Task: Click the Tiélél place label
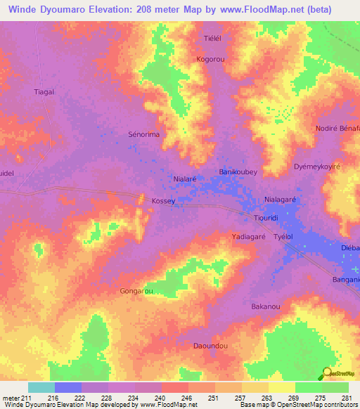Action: pyautogui.click(x=212, y=39)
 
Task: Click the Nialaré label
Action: pyautogui.click(x=184, y=179)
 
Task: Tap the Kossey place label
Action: pyautogui.click(x=162, y=201)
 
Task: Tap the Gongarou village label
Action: pyautogui.click(x=136, y=290)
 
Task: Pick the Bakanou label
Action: pyautogui.click(x=266, y=306)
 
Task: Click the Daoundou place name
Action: pyautogui.click(x=211, y=346)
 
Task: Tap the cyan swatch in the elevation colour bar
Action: pyautogui.click(x=41, y=387)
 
